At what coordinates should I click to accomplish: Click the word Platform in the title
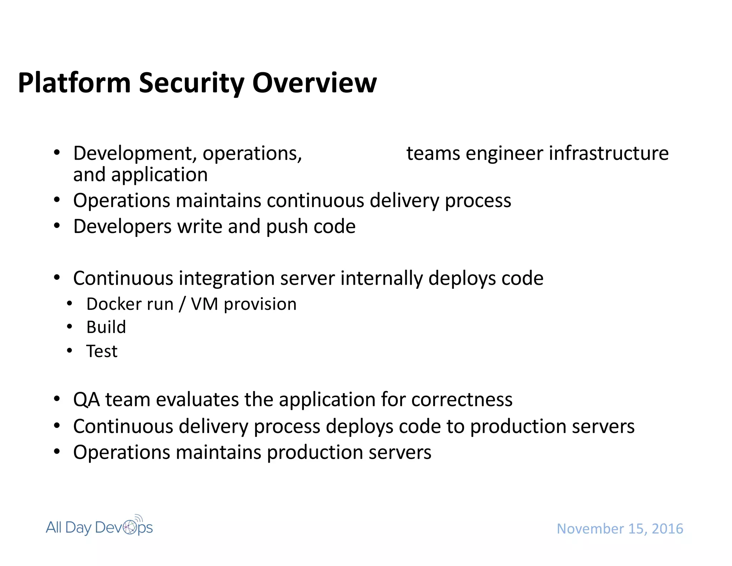(74, 83)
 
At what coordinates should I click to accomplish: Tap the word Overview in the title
(315, 83)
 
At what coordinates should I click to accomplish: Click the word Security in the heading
(191, 83)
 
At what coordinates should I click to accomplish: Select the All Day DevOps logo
(99, 527)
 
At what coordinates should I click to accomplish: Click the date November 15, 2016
(620, 529)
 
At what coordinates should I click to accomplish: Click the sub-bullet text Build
(106, 327)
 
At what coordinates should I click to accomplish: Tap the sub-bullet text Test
(102, 351)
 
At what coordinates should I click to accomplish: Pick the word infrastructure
(608, 153)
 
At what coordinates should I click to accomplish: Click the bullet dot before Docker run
(70, 304)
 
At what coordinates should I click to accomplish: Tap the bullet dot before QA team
(57, 399)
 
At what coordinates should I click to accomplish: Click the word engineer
(504, 153)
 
